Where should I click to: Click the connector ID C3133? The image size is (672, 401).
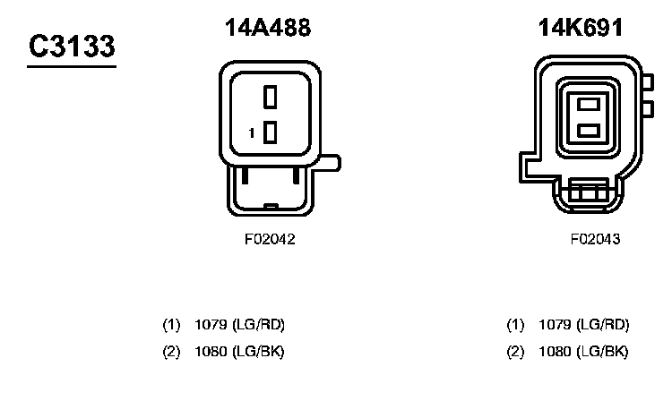(x=71, y=46)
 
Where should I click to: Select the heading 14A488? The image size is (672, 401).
(x=268, y=29)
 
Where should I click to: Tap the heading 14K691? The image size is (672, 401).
(x=580, y=29)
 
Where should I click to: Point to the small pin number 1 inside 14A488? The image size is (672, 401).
(x=253, y=133)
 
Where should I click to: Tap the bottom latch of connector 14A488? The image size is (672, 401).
(x=269, y=192)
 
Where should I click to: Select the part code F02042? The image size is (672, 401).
(x=269, y=240)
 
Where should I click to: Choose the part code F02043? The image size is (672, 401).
(x=595, y=240)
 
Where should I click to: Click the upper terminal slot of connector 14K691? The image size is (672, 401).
(x=588, y=103)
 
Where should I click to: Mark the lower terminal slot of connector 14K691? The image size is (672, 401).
(x=588, y=131)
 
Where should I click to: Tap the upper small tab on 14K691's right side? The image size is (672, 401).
(x=644, y=84)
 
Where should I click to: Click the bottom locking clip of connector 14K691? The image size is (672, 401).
(x=587, y=191)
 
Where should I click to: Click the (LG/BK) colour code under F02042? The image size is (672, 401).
(x=258, y=351)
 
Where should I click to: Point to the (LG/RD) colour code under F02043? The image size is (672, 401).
(x=603, y=324)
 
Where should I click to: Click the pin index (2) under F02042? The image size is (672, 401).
(x=171, y=351)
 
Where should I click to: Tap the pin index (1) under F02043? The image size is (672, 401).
(x=515, y=324)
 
